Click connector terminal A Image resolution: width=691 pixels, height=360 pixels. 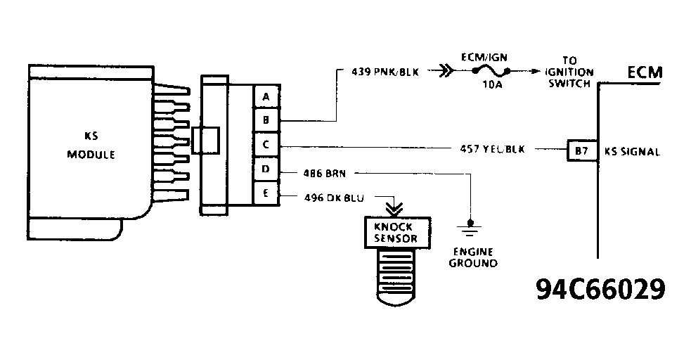pos(266,96)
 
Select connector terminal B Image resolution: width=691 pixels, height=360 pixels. pos(266,120)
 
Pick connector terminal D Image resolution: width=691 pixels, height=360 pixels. pos(266,170)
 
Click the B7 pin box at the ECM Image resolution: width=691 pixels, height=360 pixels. pos(580,150)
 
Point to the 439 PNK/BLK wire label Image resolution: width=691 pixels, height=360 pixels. pos(385,72)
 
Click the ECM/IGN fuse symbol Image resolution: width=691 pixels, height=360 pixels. pos(490,71)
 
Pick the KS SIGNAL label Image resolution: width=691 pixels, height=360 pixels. pos(631,151)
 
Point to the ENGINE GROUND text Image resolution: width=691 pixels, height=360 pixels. pos(474,257)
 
